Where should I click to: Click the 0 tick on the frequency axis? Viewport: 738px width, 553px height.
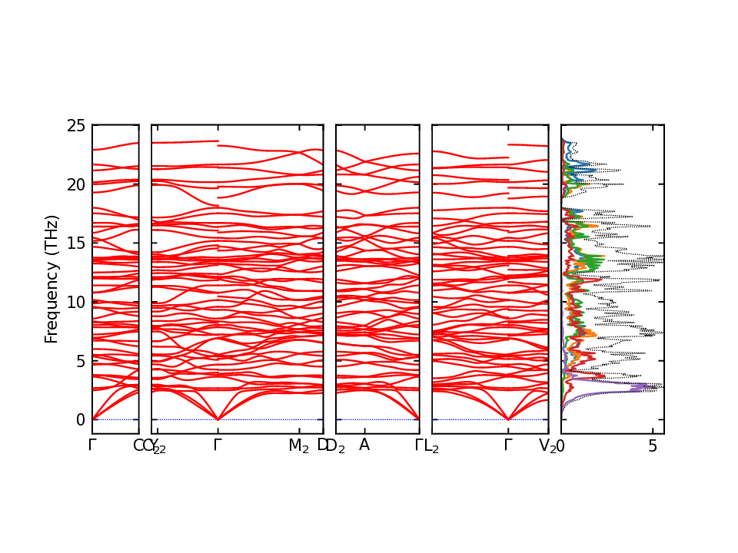(80, 420)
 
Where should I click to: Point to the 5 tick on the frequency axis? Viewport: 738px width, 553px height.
(80, 361)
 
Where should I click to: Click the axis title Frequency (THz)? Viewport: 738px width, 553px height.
(52, 279)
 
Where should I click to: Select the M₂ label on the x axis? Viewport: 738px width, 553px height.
(298, 445)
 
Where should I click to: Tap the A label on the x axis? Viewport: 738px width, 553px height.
(364, 445)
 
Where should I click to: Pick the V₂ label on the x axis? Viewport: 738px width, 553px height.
(547, 445)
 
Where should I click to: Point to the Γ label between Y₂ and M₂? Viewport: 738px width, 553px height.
(218, 445)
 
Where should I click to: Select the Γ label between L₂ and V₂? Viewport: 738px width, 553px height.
(508, 445)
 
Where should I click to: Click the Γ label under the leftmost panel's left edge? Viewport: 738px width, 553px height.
(92, 445)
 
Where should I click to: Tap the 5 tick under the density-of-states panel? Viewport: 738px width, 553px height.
(653, 445)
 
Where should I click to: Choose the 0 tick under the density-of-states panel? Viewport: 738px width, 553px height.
(561, 445)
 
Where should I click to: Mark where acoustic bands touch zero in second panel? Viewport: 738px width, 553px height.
(218, 419)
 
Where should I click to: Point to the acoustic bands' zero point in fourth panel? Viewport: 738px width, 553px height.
(508, 419)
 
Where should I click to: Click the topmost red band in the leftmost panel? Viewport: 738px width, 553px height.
(115, 146)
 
